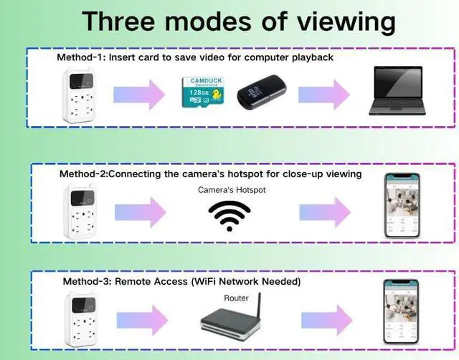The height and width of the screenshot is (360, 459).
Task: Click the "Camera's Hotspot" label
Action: pos(229,190)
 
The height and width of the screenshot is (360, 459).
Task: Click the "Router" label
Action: pos(236,298)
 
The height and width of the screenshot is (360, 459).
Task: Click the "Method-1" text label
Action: pos(80,57)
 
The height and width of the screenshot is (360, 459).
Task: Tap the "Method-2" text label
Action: pos(82,174)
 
